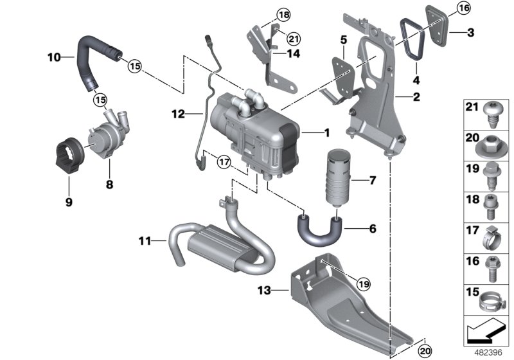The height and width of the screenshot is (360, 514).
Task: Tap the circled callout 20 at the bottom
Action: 423,351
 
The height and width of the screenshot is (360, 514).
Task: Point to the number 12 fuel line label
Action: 179,114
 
